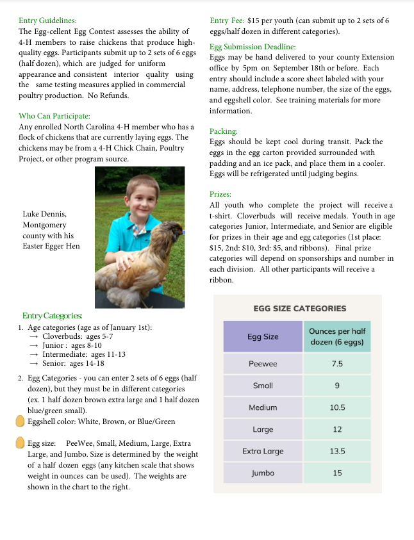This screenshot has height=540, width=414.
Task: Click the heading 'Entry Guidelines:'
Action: (x=47, y=20)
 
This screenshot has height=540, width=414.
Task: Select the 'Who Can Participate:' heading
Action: (x=54, y=116)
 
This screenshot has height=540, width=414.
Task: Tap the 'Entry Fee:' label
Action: (x=226, y=20)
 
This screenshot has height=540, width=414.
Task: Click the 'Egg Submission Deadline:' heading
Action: (x=253, y=47)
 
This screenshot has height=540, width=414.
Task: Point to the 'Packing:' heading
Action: (x=224, y=131)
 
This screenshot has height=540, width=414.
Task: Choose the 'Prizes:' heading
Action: (x=220, y=193)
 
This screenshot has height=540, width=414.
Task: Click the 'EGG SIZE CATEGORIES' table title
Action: (x=299, y=308)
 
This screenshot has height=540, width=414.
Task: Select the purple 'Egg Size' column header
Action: (x=263, y=336)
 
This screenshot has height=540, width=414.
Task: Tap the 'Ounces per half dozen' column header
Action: (x=336, y=336)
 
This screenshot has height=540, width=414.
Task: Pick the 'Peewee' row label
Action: (x=263, y=364)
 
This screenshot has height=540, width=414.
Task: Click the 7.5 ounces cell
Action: (x=337, y=364)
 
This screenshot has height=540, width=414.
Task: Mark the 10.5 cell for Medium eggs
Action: (x=337, y=407)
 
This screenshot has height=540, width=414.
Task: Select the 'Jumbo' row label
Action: (x=263, y=473)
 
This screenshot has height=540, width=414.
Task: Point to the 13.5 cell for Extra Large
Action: (x=337, y=451)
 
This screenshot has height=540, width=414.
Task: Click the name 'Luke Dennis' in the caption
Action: (x=44, y=213)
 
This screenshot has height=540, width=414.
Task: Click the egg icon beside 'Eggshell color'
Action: (x=20, y=421)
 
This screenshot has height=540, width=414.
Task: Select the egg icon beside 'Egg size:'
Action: (x=20, y=443)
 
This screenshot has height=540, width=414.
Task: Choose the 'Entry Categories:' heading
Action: (x=52, y=315)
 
